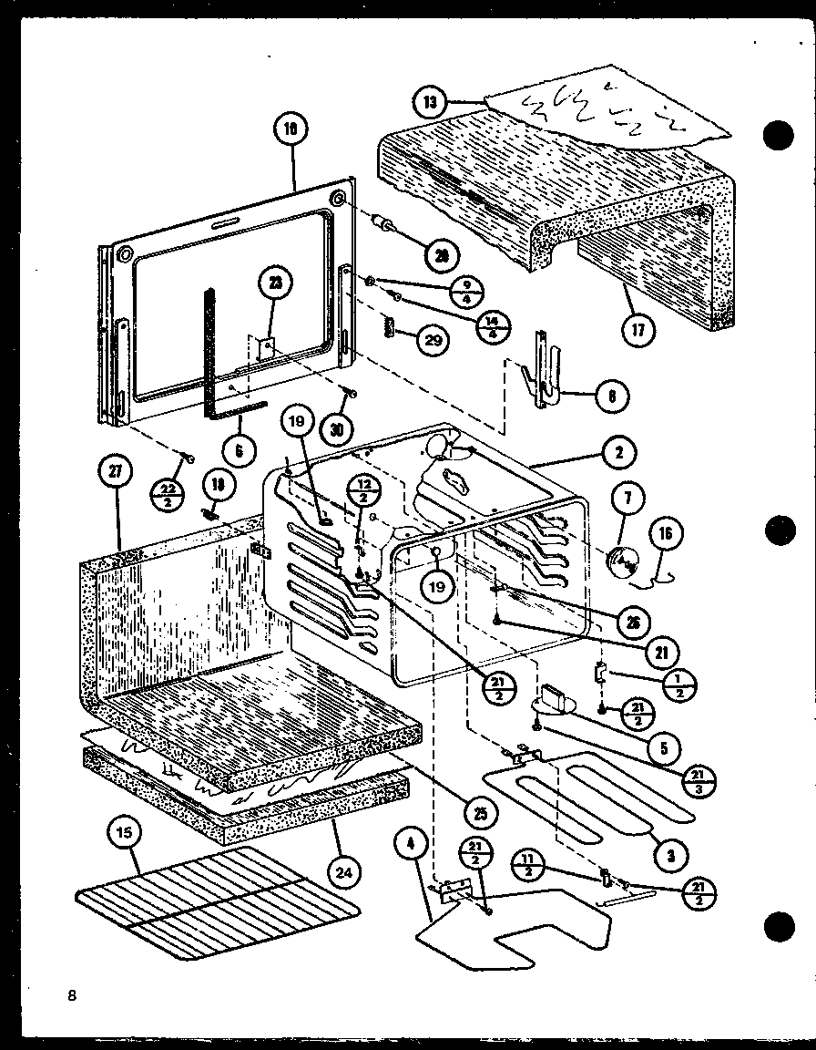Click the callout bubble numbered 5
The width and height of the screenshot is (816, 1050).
coord(664,749)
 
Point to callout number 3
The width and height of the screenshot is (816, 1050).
coord(670,855)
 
